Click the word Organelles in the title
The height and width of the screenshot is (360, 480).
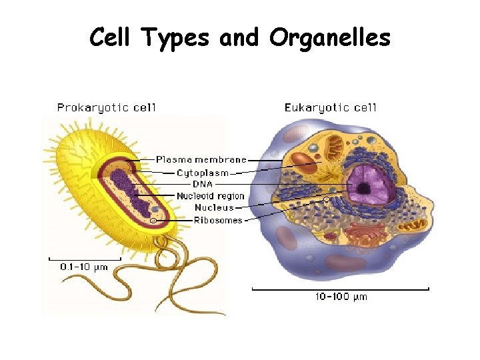click(329, 38)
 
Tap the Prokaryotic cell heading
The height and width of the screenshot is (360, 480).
click(106, 107)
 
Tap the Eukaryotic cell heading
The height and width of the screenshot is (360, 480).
click(331, 107)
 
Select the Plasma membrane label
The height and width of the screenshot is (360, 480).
click(201, 160)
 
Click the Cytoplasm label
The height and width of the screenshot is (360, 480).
click(203, 172)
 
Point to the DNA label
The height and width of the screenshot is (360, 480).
click(203, 184)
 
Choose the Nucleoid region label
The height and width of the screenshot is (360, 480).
click(210, 196)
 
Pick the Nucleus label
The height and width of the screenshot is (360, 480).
click(214, 208)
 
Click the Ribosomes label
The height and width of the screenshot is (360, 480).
click(218, 221)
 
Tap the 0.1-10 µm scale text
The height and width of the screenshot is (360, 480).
click(84, 267)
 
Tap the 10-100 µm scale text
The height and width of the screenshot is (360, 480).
click(341, 297)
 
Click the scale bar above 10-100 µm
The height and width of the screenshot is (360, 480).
click(340, 289)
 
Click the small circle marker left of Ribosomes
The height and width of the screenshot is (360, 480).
click(155, 221)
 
